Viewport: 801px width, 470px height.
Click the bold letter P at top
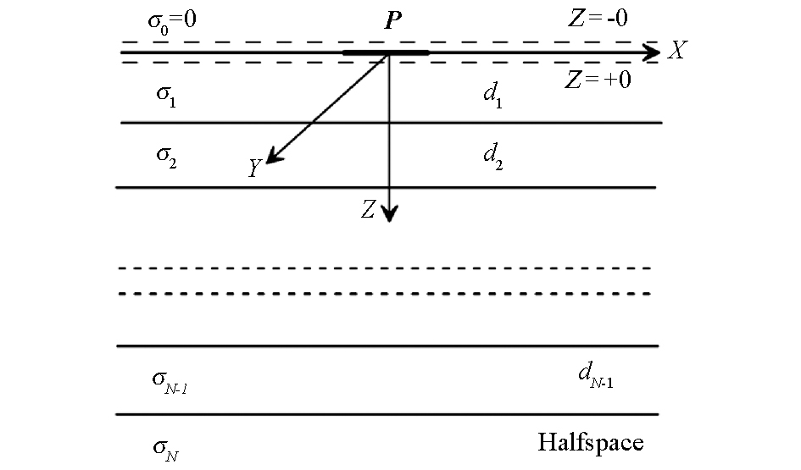coord(392,20)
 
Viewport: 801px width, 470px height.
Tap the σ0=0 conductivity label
coord(172,21)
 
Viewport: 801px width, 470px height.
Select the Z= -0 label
coord(598,19)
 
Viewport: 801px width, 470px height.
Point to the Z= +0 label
coord(598,80)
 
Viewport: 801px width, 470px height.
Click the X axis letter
coord(677,50)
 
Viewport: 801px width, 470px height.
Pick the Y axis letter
coord(254,168)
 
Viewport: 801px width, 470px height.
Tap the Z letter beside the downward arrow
coord(369,209)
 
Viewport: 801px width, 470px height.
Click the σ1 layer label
coord(166,96)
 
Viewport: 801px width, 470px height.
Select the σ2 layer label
coord(166,156)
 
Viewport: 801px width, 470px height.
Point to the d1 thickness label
coord(493,95)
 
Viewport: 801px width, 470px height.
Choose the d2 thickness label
coord(493,156)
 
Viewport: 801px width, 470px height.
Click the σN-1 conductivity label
coord(170,382)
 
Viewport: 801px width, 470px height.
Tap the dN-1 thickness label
coord(596,375)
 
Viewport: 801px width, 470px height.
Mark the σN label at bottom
coord(166,450)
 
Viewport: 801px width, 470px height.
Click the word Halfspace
coord(591,442)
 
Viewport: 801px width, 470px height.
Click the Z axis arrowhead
coord(390,213)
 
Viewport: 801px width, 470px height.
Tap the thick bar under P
coord(387,53)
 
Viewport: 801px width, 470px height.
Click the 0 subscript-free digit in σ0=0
coord(190,19)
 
